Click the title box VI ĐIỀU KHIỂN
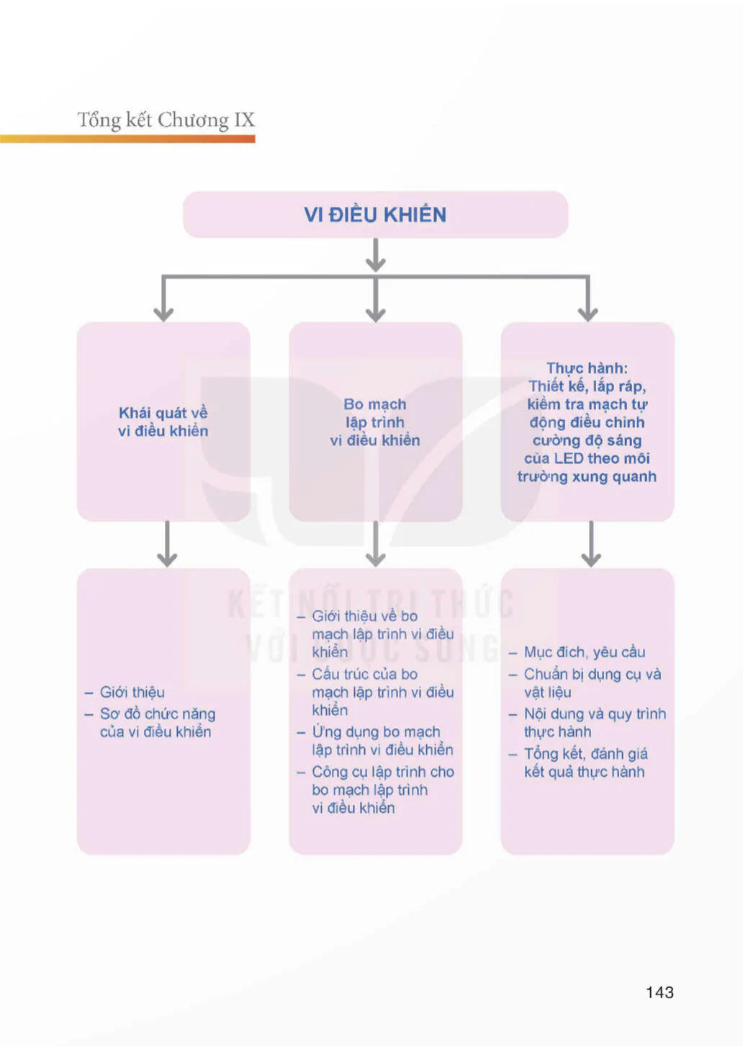[x=376, y=214]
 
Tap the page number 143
[x=659, y=992]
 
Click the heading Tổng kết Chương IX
[x=166, y=120]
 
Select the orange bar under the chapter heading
[x=127, y=139]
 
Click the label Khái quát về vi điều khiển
[x=163, y=422]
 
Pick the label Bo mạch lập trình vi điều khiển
[x=375, y=422]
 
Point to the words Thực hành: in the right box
[x=587, y=368]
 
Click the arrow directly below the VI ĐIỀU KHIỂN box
[x=376, y=255]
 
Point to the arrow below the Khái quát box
[x=167, y=544]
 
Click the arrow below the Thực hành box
[x=591, y=544]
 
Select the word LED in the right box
[x=568, y=458]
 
